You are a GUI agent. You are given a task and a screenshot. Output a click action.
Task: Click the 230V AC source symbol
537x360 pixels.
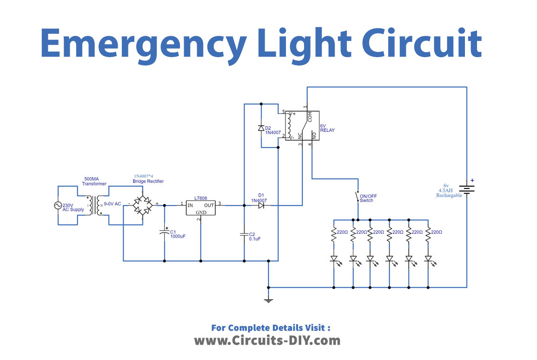pos(59,205)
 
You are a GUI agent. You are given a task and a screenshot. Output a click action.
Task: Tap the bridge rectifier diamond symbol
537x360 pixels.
pos(142,205)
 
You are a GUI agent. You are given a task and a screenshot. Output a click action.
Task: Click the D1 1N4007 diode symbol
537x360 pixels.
pos(261,205)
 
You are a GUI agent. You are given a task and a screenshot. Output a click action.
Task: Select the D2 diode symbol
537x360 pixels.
pos(261,128)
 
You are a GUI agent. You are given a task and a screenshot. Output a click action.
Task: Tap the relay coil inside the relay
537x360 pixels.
pos(289,124)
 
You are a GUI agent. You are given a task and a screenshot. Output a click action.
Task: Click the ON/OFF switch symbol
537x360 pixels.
pos(358,196)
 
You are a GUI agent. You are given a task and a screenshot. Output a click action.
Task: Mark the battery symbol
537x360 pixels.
pos(466,189)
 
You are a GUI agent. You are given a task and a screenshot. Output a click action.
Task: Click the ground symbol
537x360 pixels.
pos(268,300)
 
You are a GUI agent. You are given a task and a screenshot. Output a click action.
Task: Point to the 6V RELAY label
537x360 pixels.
pos(327,128)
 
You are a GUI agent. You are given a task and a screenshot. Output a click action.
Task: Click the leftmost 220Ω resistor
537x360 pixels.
pos(333,235)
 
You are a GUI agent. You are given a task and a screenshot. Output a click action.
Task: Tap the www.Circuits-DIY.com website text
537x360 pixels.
pos(267,340)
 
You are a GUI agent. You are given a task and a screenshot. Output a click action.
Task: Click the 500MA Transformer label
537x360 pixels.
pos(94,181)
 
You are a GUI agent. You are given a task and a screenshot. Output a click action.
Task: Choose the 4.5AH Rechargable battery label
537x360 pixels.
pos(449,193)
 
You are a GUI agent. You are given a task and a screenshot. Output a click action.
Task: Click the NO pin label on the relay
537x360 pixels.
pos(314,135)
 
